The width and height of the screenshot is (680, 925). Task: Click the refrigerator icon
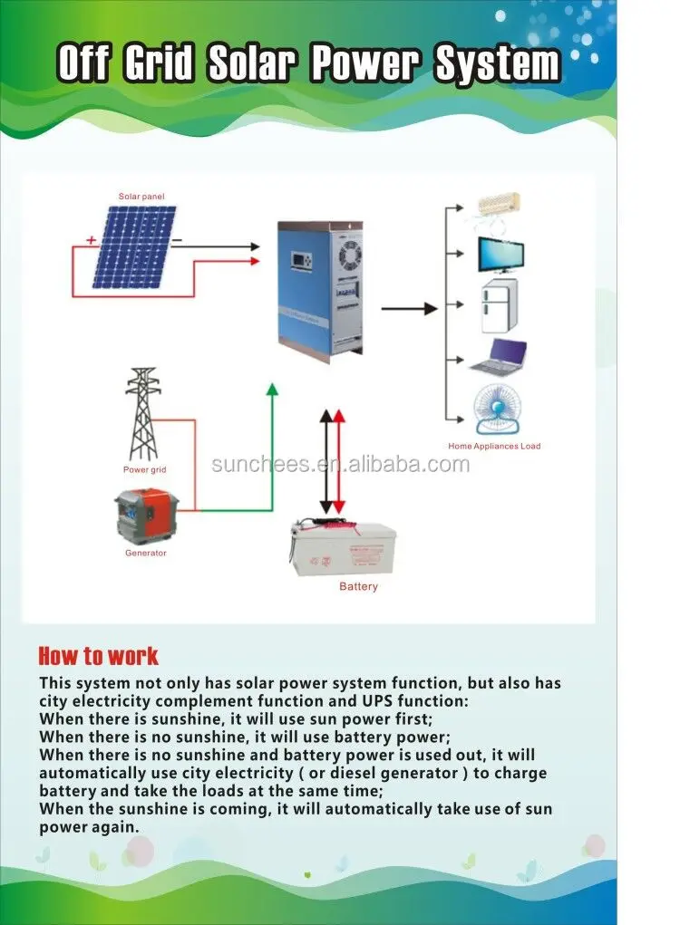[497, 306]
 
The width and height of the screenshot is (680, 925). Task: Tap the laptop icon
[499, 357]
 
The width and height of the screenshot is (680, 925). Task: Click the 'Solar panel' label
[141, 197]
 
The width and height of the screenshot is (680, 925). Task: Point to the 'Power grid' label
[144, 470]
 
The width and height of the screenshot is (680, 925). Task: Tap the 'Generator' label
[145, 553]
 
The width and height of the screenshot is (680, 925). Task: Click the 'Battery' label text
[358, 587]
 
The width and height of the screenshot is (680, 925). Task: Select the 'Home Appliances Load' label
[494, 447]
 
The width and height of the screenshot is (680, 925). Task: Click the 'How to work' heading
[98, 656]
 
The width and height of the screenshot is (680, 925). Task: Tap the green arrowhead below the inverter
[271, 390]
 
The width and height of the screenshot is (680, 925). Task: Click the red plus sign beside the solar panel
[92, 240]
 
